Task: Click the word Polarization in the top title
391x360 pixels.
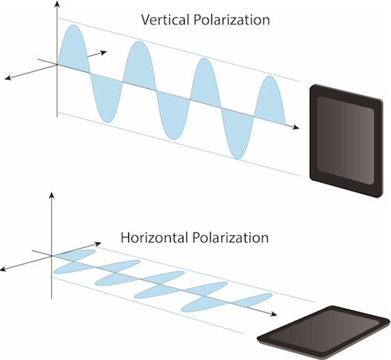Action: [x=231, y=20]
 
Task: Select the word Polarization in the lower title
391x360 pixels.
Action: [x=231, y=238]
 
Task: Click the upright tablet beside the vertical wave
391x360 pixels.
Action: [x=346, y=141]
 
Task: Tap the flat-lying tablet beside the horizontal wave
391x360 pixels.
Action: [x=323, y=333]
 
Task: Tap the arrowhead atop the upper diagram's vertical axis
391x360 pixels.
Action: [x=58, y=4]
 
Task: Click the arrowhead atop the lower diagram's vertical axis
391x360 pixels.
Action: [x=52, y=195]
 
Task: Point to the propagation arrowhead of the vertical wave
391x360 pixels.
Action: [x=296, y=127]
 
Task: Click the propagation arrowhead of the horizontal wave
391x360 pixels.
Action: [x=274, y=314]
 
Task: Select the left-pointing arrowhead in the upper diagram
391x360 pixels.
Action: [x=8, y=78]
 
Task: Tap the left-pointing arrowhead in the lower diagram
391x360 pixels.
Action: [x=4, y=269]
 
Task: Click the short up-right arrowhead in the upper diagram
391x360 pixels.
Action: [x=103, y=52]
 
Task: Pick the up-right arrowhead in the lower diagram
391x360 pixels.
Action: [x=98, y=243]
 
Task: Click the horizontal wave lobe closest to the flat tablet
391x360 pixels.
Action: [x=251, y=299]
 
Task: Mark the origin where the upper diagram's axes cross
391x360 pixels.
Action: [x=58, y=65]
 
